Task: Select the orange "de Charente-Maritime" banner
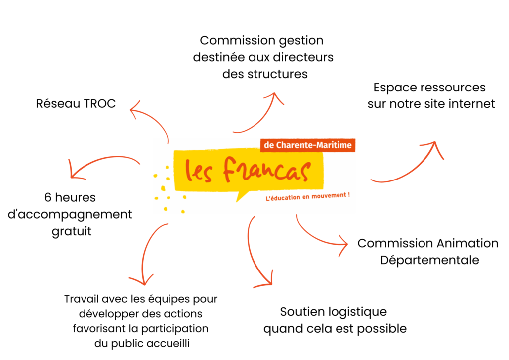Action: [308, 145]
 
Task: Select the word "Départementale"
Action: [429, 260]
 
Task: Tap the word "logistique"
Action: [358, 312]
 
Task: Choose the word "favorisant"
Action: [96, 329]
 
